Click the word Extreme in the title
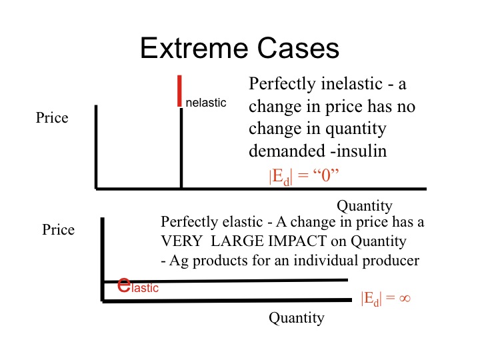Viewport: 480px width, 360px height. pyautogui.click(x=194, y=48)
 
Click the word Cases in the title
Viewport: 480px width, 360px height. pyautogui.click(x=298, y=48)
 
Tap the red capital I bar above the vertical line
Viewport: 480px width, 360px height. pyautogui.click(x=179, y=91)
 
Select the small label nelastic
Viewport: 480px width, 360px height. pyautogui.click(x=206, y=103)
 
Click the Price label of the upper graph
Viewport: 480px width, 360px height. pyautogui.click(x=52, y=117)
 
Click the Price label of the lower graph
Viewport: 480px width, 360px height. pyautogui.click(x=58, y=229)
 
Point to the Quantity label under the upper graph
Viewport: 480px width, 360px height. pyautogui.click(x=365, y=206)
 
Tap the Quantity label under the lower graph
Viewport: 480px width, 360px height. pyautogui.click(x=297, y=318)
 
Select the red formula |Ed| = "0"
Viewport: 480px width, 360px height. pyautogui.click(x=304, y=176)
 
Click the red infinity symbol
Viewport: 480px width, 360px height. pyautogui.click(x=405, y=298)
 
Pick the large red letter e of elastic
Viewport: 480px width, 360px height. pyautogui.click(x=124, y=285)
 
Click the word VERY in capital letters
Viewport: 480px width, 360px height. pyautogui.click(x=181, y=241)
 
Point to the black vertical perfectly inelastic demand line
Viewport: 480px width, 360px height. pyautogui.click(x=181, y=148)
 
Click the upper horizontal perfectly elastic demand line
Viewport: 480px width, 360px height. pyautogui.click(x=226, y=281)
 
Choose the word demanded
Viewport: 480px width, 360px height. pyautogui.click(x=287, y=151)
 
